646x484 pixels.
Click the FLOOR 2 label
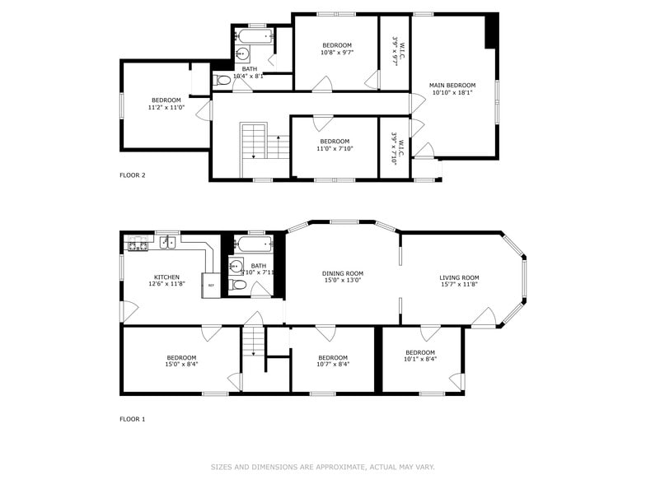tap(132, 175)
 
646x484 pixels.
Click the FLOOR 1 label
tap(132, 419)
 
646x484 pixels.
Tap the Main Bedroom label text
tap(452, 86)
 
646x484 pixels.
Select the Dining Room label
tap(342, 273)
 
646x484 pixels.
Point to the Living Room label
tap(459, 277)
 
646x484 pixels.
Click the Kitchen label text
tap(166, 277)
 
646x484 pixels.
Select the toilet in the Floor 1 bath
tap(238, 285)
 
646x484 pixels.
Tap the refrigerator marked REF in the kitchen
tap(211, 286)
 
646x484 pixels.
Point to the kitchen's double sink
tap(167, 242)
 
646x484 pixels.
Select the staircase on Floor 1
tap(253, 341)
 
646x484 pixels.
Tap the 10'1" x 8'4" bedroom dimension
tap(419, 359)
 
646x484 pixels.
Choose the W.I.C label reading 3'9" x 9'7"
tap(395, 50)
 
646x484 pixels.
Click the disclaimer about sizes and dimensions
tap(322, 467)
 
